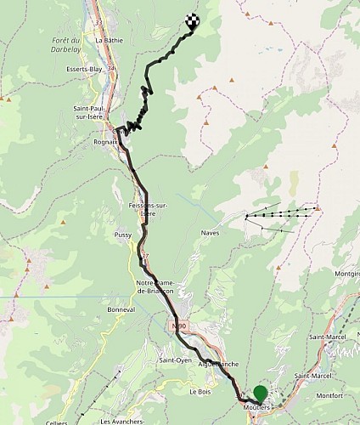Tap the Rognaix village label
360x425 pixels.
pos(105,142)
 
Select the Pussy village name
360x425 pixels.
pos(121,233)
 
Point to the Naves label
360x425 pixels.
pos(210,232)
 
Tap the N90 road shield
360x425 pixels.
pos(177,326)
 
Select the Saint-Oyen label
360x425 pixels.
pos(173,360)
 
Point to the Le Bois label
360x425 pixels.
pos(199,393)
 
